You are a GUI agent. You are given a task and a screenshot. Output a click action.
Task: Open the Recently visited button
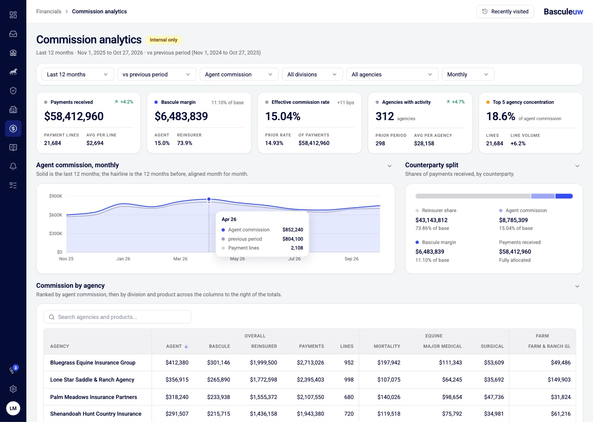[505, 11]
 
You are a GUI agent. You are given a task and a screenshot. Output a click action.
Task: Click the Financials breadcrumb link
[49, 11]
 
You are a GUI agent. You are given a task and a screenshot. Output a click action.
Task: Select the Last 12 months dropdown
[77, 75]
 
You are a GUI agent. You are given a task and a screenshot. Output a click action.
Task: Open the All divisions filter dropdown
[312, 75]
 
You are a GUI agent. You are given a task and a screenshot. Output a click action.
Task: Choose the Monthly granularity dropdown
[468, 75]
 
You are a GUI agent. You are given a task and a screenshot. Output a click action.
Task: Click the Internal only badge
[163, 40]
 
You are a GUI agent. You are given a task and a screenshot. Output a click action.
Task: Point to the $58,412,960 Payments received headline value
[74, 116]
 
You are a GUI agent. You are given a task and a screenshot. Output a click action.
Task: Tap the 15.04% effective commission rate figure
[283, 116]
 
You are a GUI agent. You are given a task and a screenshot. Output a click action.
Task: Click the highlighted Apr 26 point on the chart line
[209, 199]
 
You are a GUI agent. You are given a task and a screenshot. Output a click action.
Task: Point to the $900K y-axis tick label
[56, 196]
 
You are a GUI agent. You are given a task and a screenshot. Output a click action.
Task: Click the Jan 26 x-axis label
[123, 258]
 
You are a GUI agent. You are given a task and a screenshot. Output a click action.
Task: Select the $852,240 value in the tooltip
[292, 230]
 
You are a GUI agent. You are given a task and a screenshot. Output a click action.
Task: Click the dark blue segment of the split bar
[564, 196]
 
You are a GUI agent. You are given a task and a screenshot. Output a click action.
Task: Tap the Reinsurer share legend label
[439, 210]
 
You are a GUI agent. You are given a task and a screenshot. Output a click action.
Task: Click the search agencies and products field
[117, 317]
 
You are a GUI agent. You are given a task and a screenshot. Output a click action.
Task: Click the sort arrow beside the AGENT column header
[186, 346]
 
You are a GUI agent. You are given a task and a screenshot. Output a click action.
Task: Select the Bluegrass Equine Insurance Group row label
[93, 362]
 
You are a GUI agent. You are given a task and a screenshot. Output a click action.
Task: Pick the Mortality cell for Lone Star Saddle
[389, 380]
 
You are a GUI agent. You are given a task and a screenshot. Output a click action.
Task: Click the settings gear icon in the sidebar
[13, 389]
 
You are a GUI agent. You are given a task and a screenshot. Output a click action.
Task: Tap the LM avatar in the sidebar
[13, 408]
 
